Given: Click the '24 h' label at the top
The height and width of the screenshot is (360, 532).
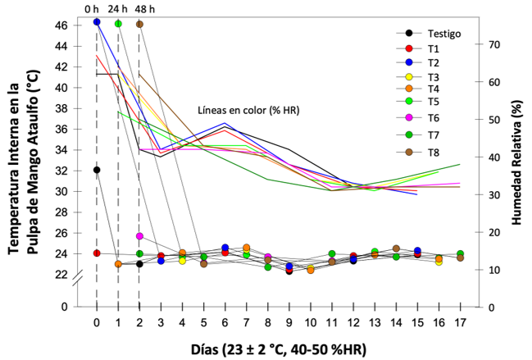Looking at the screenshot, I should point(117,8).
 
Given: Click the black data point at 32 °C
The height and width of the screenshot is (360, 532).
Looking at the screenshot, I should point(97,170).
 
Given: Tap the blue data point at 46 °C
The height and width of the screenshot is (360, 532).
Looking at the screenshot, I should point(97,22).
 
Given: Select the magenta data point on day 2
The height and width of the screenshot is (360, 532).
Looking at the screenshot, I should point(139,236).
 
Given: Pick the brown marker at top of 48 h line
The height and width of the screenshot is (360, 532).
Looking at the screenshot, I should point(139,24).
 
